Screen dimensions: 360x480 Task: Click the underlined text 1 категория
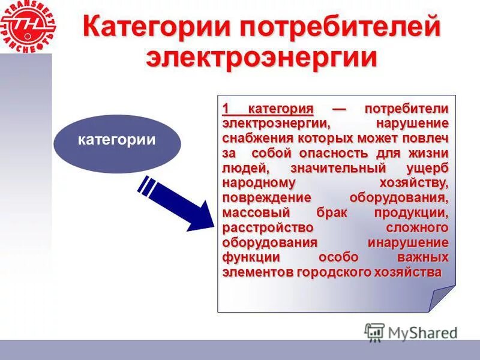[x=268, y=109]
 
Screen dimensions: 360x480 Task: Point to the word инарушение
[x=407, y=243]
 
